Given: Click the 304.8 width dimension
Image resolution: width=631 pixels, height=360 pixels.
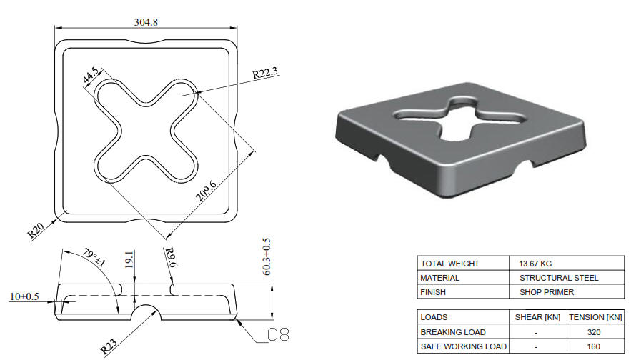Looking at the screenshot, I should coord(146,22).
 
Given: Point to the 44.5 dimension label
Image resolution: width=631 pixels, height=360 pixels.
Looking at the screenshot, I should coord(90,74).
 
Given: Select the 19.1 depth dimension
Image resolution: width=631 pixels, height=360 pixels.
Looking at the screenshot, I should coord(129,262).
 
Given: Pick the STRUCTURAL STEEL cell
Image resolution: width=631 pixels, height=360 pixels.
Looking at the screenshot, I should coord(559,278).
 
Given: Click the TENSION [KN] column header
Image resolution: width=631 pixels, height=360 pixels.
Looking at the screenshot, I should coord(595,317).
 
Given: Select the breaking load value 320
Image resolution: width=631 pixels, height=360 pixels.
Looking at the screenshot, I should coord(595,332).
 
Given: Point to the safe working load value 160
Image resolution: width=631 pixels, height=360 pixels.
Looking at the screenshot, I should coord(595,346).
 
